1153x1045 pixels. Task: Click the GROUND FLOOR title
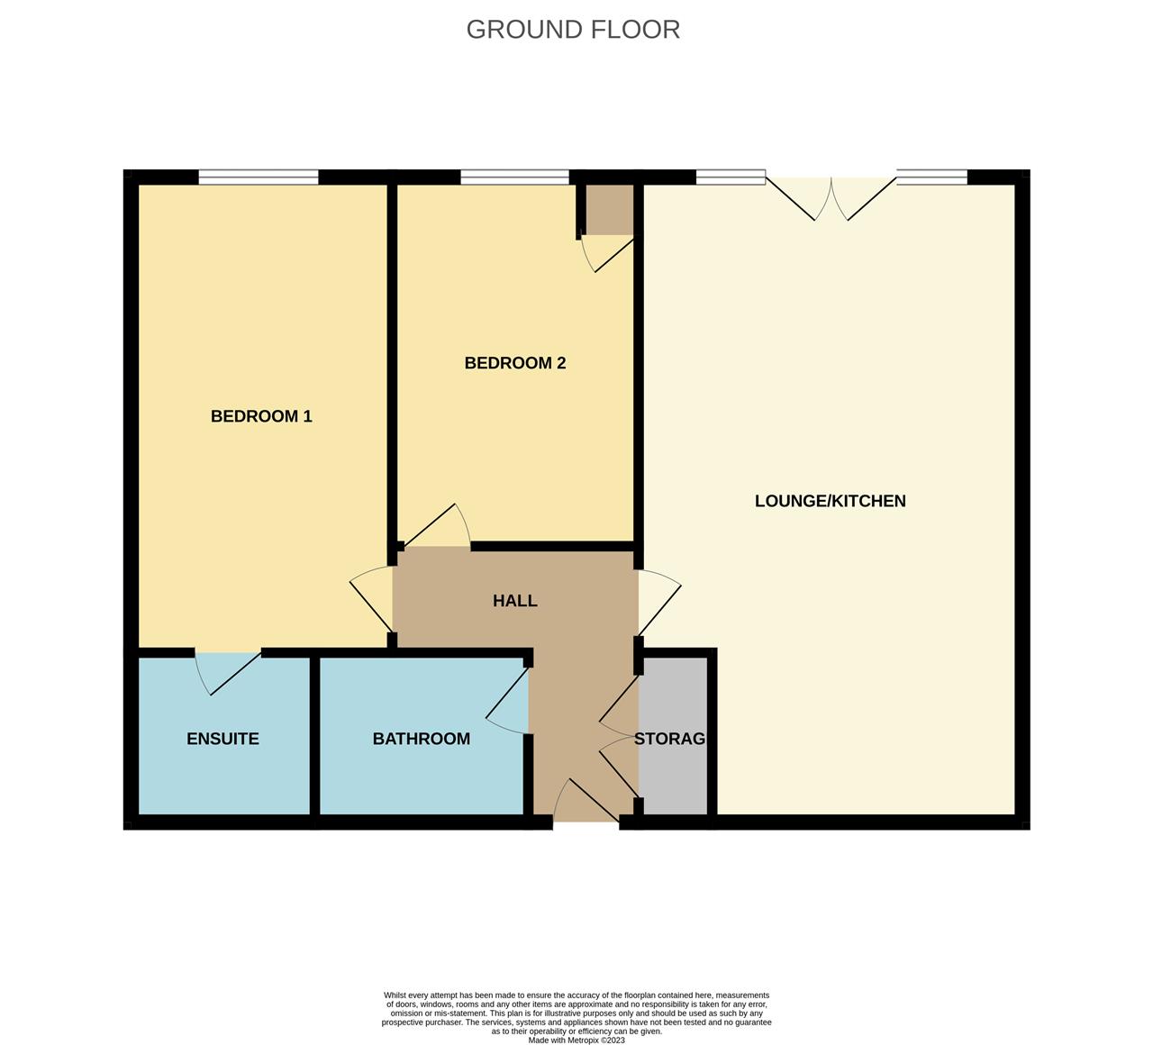(x=573, y=30)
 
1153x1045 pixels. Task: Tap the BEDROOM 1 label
(x=261, y=416)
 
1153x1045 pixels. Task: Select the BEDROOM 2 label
(x=514, y=363)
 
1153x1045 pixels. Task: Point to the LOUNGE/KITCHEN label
(x=830, y=501)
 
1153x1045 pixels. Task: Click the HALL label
(x=514, y=601)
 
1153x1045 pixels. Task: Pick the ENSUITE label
(x=222, y=739)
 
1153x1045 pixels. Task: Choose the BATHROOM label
(x=421, y=739)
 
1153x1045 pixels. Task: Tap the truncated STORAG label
(x=669, y=739)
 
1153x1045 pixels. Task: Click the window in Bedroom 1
(x=259, y=177)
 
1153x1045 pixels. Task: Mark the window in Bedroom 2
(x=514, y=177)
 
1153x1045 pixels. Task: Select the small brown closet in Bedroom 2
(x=609, y=209)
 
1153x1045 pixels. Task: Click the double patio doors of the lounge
(x=831, y=196)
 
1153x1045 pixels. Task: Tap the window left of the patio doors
(x=731, y=177)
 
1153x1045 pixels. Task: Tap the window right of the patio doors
(x=931, y=177)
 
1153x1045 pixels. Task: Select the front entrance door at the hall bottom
(x=586, y=802)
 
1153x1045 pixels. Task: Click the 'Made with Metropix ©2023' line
(x=576, y=1040)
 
